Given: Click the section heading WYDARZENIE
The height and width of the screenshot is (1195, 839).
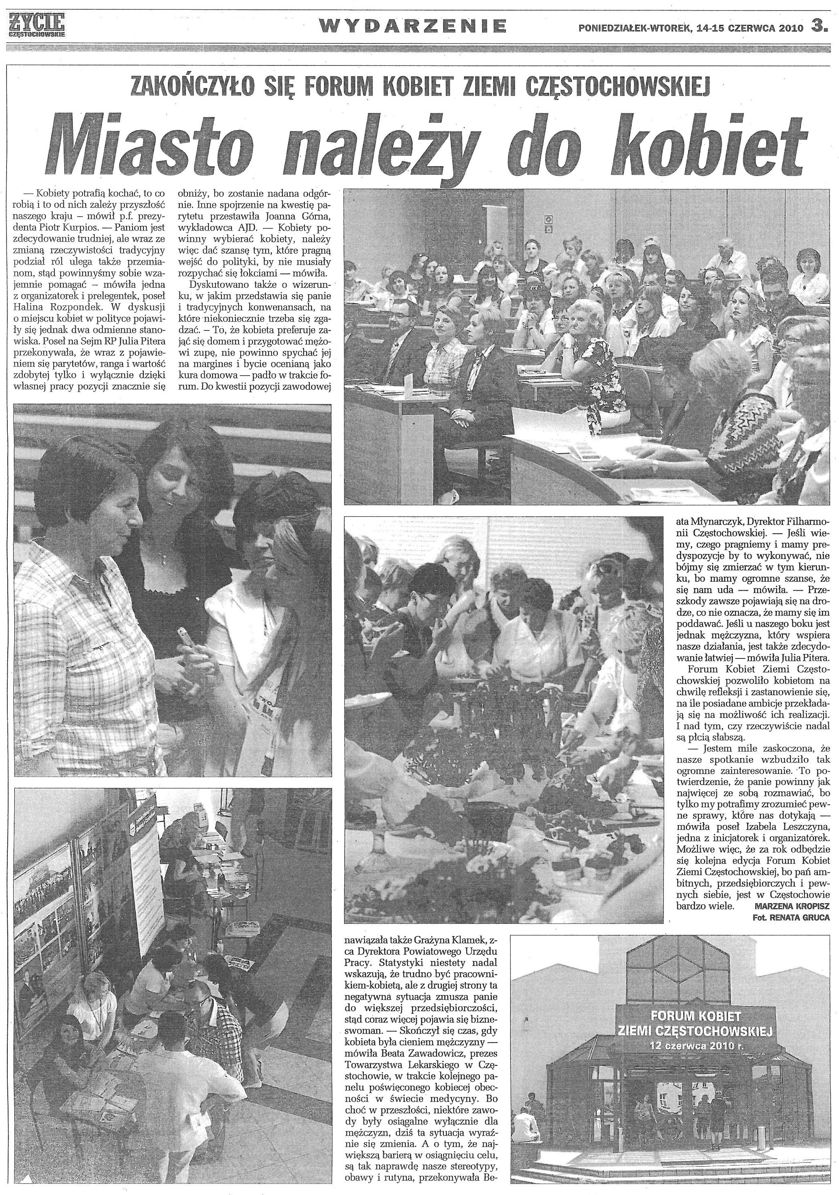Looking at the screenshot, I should (412, 26).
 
